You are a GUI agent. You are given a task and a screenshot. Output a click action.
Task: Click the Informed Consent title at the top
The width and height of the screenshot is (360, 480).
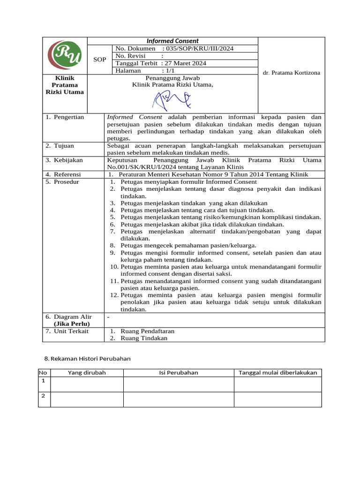(172, 41)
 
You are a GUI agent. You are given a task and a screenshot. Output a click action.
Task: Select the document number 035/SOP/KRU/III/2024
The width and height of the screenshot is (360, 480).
(198, 49)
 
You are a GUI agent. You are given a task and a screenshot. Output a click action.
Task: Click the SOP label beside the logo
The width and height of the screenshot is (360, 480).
(99, 60)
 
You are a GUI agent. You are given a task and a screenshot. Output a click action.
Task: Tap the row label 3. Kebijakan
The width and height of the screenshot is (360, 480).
(64, 160)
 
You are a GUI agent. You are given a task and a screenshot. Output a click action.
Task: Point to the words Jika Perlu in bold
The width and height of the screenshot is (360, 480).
(71, 324)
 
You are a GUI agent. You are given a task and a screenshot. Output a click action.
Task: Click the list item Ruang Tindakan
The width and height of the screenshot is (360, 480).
(143, 338)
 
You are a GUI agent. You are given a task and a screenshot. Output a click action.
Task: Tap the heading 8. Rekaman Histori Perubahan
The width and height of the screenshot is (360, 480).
(87, 359)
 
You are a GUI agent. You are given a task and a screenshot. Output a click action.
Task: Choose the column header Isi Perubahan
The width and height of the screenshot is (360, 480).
(178, 373)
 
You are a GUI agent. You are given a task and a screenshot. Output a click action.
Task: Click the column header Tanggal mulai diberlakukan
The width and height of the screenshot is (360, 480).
(277, 373)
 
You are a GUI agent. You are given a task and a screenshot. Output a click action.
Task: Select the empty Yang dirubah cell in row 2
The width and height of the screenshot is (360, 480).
(87, 399)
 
